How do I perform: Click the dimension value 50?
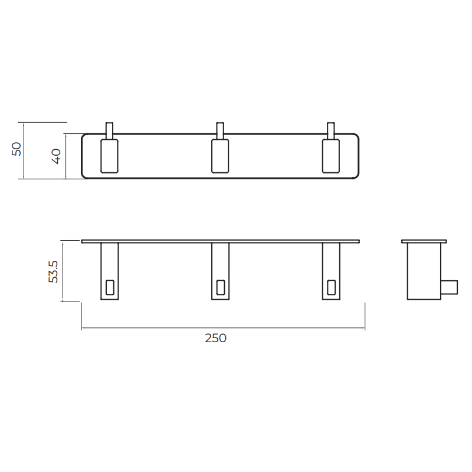tap(17, 149)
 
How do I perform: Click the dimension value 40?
tap(56, 156)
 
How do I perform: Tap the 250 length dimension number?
tap(216, 338)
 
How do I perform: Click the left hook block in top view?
tap(109, 156)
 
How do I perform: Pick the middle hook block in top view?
tap(220, 156)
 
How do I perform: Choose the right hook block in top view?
tap(331, 156)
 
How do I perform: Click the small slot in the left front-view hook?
tap(110, 287)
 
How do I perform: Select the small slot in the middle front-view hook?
tap(220, 287)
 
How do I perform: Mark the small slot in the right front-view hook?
tap(331, 287)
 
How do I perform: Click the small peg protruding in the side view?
tap(450, 286)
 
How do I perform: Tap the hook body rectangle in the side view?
tap(424, 271)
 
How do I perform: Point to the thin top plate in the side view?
tap(424, 241)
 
